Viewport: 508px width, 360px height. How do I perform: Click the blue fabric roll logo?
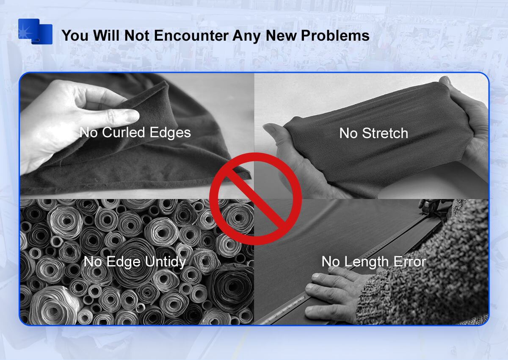point(36,31)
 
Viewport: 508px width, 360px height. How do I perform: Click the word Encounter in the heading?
point(191,36)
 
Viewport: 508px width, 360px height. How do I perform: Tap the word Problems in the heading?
point(335,36)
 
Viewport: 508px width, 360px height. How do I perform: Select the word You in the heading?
point(75,36)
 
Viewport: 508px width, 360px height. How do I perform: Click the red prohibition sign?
point(255,199)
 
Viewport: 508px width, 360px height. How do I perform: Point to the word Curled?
point(123,132)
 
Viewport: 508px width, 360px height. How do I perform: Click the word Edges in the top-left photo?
point(170,133)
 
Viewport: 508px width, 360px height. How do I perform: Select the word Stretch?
point(385,133)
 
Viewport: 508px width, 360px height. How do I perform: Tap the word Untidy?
point(166,262)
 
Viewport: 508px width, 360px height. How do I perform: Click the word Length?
point(367,262)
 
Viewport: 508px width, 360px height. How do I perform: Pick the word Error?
point(410,262)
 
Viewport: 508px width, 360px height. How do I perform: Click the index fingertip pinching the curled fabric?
point(132,116)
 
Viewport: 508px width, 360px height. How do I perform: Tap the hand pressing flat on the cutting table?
point(336,295)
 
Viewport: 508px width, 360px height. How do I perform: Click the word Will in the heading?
point(106,36)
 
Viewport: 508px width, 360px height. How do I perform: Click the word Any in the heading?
point(247,36)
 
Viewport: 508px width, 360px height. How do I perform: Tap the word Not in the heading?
point(137,36)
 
